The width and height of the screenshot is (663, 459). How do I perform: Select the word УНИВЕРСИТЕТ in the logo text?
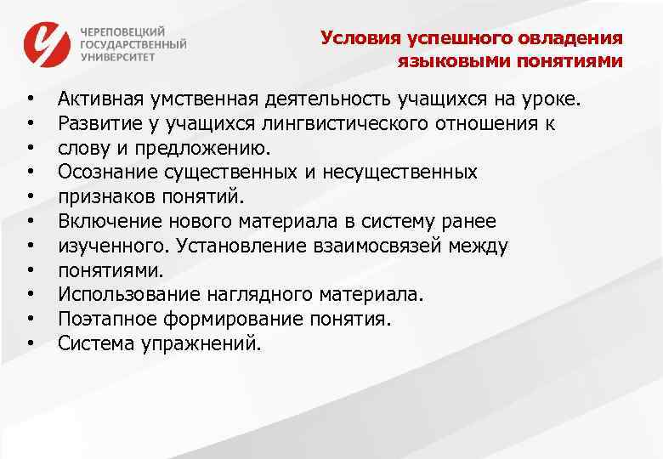pyautogui.click(x=118, y=57)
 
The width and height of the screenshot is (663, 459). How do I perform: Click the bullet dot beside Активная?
pyautogui.click(x=31, y=101)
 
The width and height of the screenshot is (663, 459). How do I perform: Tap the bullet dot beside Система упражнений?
pyautogui.click(x=31, y=344)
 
